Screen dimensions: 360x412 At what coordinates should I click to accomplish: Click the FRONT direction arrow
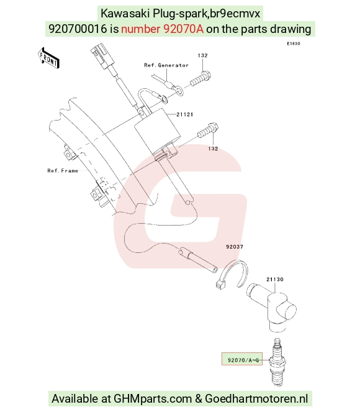(49, 58)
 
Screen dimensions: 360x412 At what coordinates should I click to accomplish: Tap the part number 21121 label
(185, 114)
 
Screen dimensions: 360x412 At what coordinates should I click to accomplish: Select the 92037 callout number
(235, 247)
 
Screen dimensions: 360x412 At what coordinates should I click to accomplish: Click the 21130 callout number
(275, 279)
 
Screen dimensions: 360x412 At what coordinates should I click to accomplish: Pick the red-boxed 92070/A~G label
(242, 359)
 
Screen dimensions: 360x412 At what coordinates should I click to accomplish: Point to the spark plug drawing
(277, 362)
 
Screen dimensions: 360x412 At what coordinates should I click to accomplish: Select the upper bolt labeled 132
(200, 79)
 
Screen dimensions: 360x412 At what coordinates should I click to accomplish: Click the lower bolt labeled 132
(208, 130)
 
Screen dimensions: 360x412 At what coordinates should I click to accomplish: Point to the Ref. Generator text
(166, 65)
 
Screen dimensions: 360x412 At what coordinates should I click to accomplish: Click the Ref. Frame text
(63, 171)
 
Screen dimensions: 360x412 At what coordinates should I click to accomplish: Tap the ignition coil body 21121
(158, 131)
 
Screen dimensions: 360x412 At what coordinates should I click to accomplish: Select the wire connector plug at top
(103, 57)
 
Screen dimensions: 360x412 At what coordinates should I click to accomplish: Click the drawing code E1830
(294, 43)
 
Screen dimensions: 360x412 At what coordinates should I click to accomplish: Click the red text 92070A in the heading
(183, 29)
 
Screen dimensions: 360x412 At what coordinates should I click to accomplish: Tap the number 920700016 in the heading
(78, 29)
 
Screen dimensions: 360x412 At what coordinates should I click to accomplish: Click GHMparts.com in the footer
(153, 398)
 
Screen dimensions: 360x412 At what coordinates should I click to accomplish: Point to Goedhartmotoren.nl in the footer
(256, 398)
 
